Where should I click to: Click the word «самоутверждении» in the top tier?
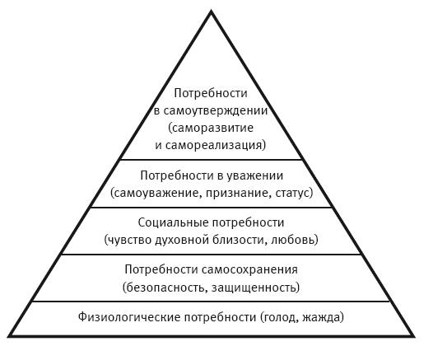[216, 111]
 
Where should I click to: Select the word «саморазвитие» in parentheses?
[212, 128]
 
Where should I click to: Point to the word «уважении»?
[255, 176]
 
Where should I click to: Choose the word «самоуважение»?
[156, 193]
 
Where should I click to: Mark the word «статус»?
[292, 193]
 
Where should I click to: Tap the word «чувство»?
[129, 240]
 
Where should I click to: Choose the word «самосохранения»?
[249, 269]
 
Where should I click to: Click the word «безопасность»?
[165, 288]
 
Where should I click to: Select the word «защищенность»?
[254, 288]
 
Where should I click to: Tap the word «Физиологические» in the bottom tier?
[129, 317]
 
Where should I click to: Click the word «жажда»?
[321, 317]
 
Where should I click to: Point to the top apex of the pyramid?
[212, 11]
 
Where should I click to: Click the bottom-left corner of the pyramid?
[8, 336]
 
